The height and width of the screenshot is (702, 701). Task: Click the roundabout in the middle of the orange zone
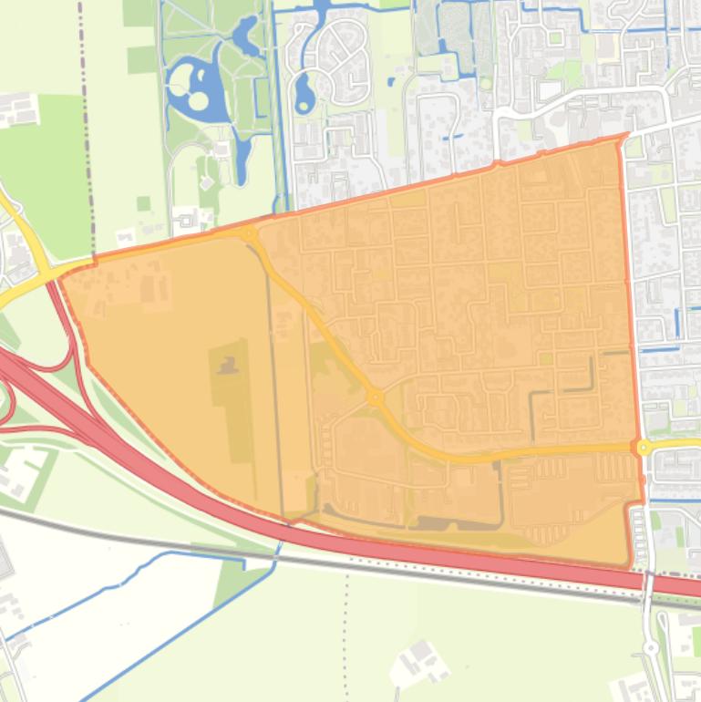click(374, 397)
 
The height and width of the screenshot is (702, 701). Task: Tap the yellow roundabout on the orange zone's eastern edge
click(644, 447)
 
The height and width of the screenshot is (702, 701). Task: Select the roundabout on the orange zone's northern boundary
click(249, 234)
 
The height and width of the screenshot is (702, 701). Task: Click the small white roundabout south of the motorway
click(650, 647)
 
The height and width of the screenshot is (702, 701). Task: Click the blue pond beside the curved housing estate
click(304, 91)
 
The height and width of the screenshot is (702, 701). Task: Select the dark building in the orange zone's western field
click(228, 366)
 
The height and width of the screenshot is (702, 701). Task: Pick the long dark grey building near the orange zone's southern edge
click(447, 523)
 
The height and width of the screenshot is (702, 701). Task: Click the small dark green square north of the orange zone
click(143, 203)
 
